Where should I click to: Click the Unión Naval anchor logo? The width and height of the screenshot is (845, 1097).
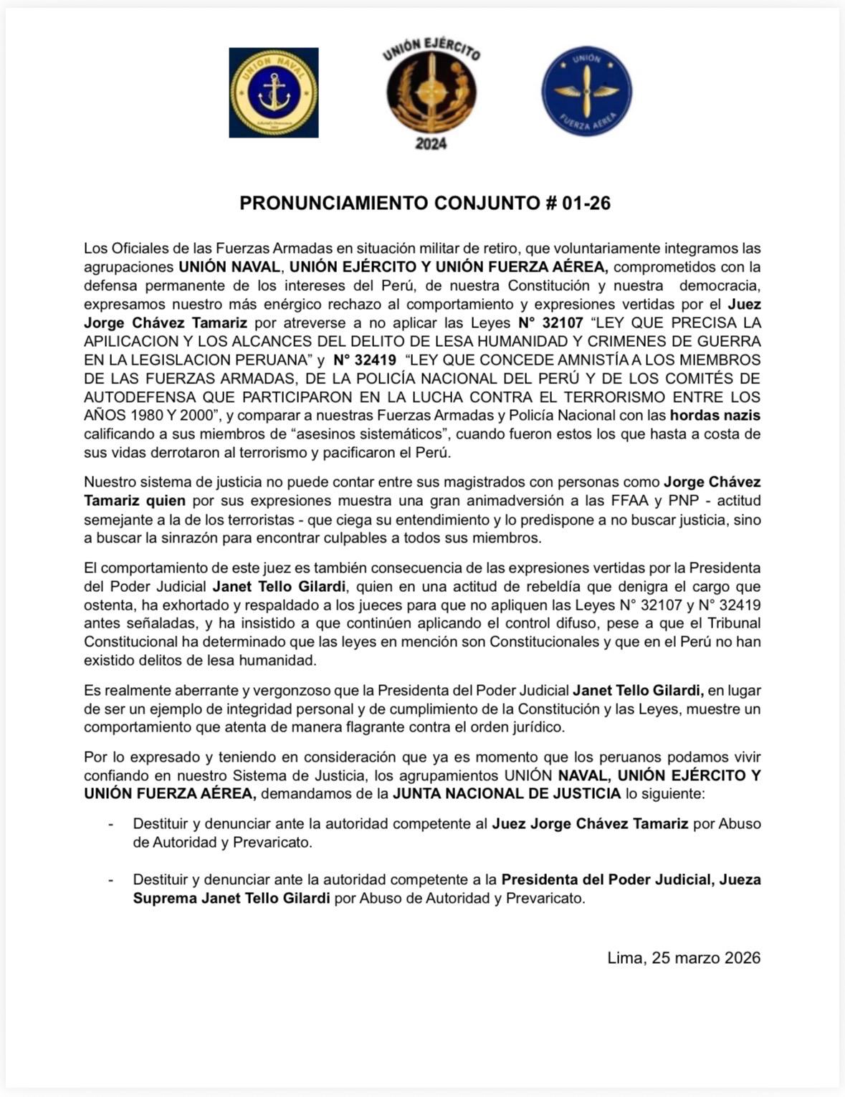274,92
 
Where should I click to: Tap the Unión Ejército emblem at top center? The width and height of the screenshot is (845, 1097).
431,93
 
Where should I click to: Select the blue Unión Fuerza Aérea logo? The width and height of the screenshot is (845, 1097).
586,92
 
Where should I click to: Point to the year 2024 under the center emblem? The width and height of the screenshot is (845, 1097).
431,143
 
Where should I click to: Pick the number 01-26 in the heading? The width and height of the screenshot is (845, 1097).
586,203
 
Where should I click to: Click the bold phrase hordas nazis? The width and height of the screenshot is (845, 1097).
715,416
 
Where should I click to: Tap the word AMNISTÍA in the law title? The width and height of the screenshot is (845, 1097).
570,360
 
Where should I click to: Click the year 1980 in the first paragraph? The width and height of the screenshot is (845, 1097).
146,416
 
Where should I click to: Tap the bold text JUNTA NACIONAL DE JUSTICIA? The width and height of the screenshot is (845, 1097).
507,794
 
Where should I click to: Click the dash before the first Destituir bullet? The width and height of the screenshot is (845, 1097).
111,824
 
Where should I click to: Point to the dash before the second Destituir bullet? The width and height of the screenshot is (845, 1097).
111,880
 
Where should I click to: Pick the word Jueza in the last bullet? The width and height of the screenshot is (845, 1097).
740,880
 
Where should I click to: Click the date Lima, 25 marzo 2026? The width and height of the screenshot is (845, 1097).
684,958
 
